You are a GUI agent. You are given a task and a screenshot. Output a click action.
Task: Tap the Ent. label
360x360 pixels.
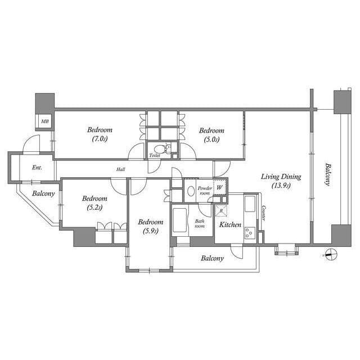pos(37,168)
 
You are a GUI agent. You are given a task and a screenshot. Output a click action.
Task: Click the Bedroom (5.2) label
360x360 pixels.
pos(94,202)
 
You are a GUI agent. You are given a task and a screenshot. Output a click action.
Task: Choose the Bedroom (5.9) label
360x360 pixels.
pos(150,226)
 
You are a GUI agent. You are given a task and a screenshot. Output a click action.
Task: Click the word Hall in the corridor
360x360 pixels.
pos(121,169)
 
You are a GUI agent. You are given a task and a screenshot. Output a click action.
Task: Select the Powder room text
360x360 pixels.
pos(205,190)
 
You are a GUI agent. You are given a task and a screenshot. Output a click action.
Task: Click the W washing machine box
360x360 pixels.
pos(220,187)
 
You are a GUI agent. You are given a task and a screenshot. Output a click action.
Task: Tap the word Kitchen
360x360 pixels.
pos(230,225)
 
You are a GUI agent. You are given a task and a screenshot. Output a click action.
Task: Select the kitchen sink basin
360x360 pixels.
pos(250,202)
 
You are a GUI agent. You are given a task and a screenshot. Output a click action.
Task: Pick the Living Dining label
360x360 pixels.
pos(281,181)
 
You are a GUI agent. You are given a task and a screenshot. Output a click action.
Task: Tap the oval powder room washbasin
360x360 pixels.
pos(191,191)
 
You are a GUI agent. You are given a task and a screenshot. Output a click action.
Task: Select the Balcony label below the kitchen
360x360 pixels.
pos(212,259)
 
